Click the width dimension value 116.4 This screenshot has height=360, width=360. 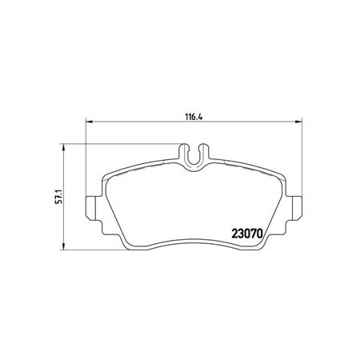[x=194, y=117]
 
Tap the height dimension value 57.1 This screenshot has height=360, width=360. [x=58, y=197]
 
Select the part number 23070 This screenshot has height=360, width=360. [x=247, y=234]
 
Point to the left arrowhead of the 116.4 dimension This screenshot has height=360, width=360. [x=89, y=122]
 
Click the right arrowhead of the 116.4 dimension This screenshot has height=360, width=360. [x=298, y=122]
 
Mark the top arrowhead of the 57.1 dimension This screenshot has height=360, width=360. [x=63, y=147]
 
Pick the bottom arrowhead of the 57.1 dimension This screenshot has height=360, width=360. [x=63, y=246]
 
